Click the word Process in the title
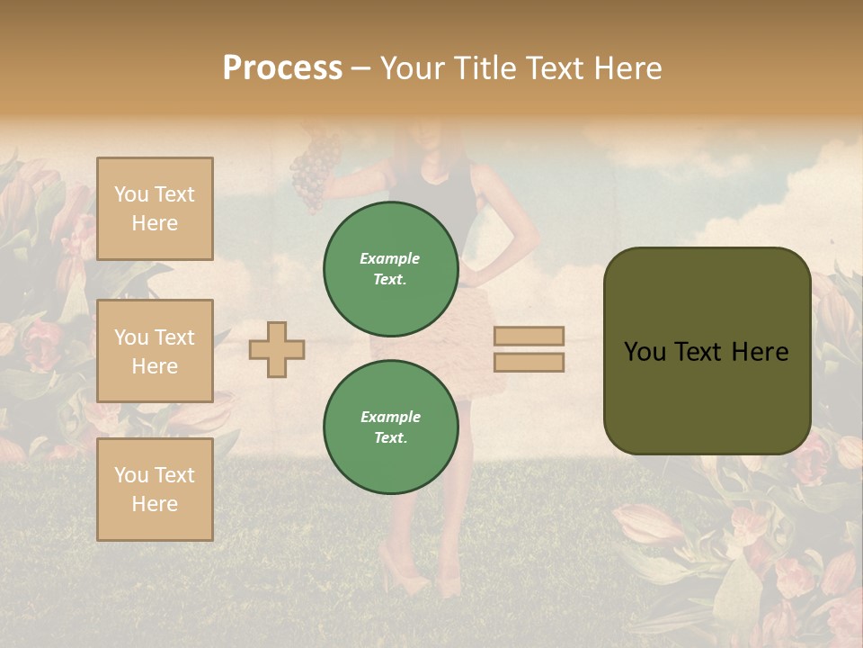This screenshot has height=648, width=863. click(282, 68)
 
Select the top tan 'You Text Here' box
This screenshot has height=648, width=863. click(155, 209)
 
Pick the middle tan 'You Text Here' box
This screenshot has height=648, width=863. click(155, 351)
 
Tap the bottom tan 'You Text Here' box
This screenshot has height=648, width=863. click(155, 490)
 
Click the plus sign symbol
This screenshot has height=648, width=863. click(277, 348)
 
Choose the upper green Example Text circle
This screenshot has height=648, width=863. click(390, 269)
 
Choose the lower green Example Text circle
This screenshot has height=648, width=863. click(390, 427)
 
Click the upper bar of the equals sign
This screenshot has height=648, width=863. click(529, 337)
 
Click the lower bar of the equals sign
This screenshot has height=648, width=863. click(529, 362)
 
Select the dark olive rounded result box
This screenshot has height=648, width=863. click(707, 351)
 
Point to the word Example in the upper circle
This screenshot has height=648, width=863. click(390, 258)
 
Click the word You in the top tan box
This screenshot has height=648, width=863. click(131, 194)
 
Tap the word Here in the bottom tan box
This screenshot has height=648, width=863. click(155, 504)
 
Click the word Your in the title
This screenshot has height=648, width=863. click(415, 68)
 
